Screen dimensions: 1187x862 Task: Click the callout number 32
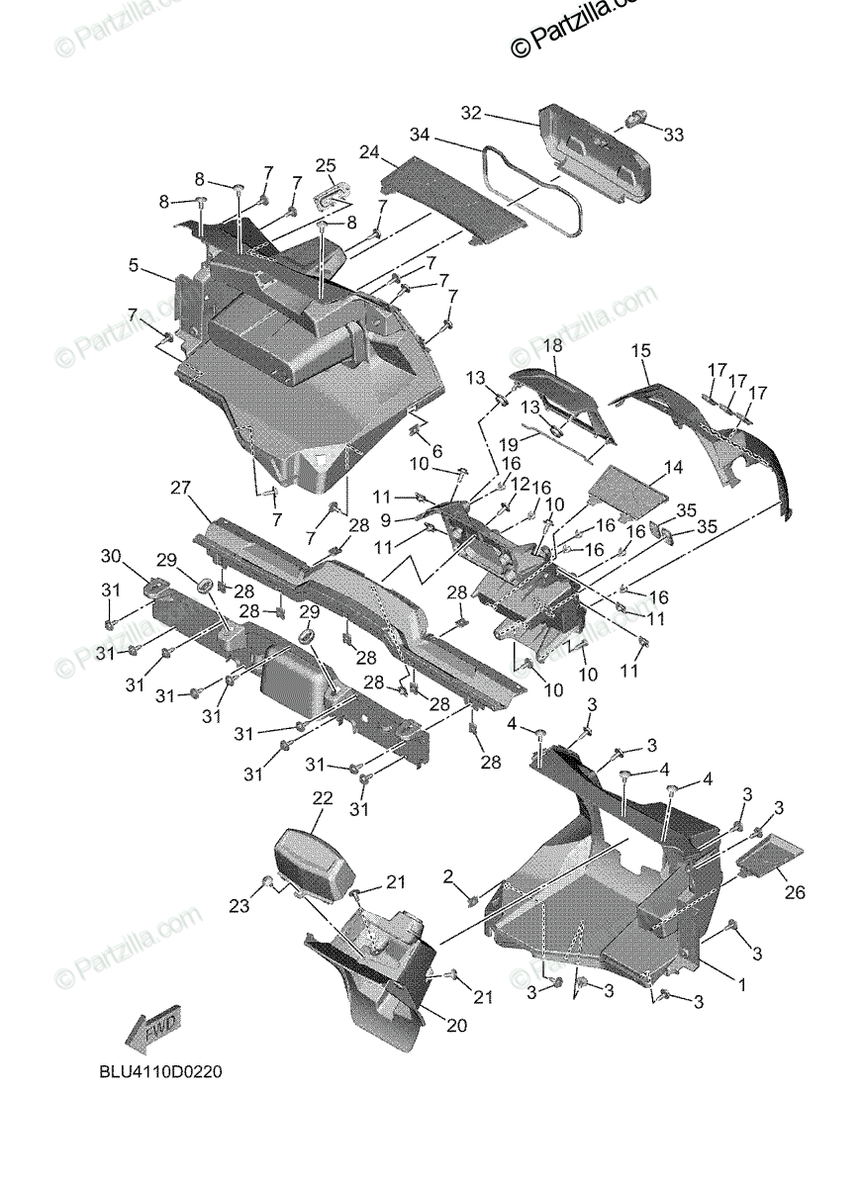(470, 114)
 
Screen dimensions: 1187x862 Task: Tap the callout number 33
(673, 134)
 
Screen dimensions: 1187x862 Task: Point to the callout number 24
(369, 152)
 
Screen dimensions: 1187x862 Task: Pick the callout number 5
(133, 265)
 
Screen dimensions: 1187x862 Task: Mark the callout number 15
(641, 350)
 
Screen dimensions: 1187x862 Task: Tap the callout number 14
(673, 466)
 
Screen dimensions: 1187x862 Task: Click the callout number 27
(179, 489)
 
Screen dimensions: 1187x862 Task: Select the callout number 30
(110, 555)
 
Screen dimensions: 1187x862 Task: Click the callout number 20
(455, 1026)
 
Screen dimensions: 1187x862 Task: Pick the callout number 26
(795, 892)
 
